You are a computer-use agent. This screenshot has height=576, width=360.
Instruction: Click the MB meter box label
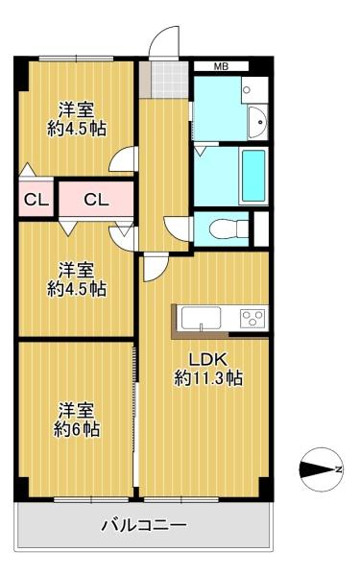pyautogui.click(x=221, y=66)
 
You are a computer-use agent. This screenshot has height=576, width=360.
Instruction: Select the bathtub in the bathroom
pyautogui.click(x=253, y=176)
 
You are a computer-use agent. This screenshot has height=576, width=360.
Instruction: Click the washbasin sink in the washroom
pyautogui.click(x=258, y=122)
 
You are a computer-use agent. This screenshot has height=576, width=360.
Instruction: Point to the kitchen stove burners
pyautogui.click(x=253, y=318)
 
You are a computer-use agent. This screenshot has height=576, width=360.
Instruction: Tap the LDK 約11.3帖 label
pyautogui.click(x=208, y=369)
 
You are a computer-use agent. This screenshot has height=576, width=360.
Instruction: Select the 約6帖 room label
pyautogui.click(x=77, y=420)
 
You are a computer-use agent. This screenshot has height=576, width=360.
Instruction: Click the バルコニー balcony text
pyautogui.click(x=144, y=526)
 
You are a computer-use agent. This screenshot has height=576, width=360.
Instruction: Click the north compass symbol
pyautogui.click(x=322, y=469)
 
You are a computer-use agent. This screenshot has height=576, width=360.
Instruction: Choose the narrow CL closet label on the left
pyautogui.click(x=36, y=201)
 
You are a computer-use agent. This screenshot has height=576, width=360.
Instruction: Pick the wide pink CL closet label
pyautogui.click(x=96, y=200)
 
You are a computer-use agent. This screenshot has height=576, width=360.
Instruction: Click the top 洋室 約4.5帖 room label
pyautogui.click(x=77, y=119)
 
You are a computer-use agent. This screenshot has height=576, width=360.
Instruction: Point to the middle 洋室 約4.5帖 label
pyautogui.click(x=77, y=279)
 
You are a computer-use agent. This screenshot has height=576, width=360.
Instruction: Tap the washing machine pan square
pyautogui.click(x=254, y=89)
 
